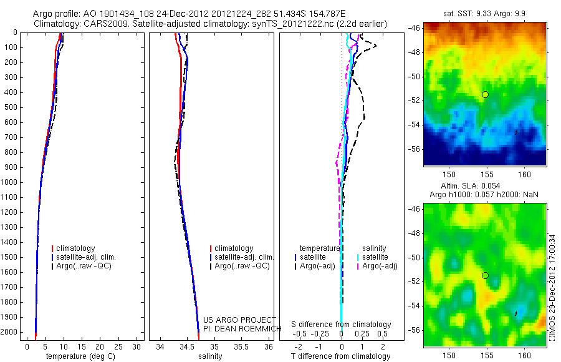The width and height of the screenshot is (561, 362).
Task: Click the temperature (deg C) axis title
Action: coord(82,356)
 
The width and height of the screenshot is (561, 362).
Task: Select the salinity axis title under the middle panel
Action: coord(209,356)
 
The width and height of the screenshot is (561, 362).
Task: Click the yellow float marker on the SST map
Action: coord(485,94)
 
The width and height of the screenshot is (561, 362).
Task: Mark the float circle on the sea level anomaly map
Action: coord(485,275)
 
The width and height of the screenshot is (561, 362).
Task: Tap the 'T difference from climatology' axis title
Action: coord(340,356)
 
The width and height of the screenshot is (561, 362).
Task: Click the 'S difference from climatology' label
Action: coord(342,325)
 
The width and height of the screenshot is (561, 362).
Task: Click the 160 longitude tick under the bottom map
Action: coord(524,355)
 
